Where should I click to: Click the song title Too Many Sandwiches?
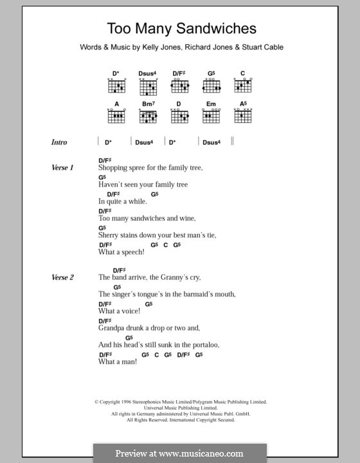pos(181,28)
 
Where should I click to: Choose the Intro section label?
pos(59,142)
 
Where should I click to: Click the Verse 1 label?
pos(63,168)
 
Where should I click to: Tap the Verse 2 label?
pos(63,278)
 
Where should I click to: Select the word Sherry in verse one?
pos(110,236)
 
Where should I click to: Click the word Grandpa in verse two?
pos(113,328)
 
